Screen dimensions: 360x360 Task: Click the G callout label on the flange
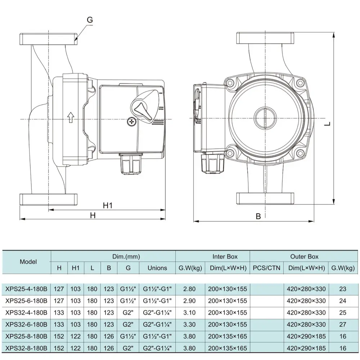90,20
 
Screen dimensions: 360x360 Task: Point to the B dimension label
258,216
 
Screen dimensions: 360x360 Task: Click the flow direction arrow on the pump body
71,117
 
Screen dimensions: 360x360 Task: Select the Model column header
28,262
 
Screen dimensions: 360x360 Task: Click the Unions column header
157,268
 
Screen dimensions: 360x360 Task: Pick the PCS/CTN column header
266,268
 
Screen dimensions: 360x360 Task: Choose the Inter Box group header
225,257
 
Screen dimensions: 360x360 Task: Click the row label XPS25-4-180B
26,289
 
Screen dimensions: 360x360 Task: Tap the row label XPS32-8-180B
26,348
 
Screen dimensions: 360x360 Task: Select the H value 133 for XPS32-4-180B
59,312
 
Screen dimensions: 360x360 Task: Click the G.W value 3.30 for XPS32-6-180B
189,324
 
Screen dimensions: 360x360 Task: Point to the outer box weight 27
342,324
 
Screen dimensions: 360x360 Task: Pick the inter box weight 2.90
189,301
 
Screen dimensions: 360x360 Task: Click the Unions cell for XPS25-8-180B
157,336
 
